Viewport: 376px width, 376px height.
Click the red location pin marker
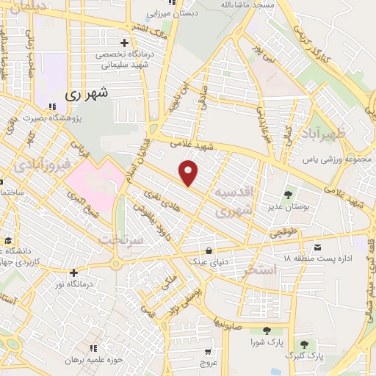pos(189,173)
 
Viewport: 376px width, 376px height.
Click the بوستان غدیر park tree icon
pos(287,195)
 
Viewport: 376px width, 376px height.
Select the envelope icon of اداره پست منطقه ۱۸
pos(317,247)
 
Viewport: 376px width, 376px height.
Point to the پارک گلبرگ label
pos(308,356)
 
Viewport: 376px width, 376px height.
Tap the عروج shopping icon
pos(208,352)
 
